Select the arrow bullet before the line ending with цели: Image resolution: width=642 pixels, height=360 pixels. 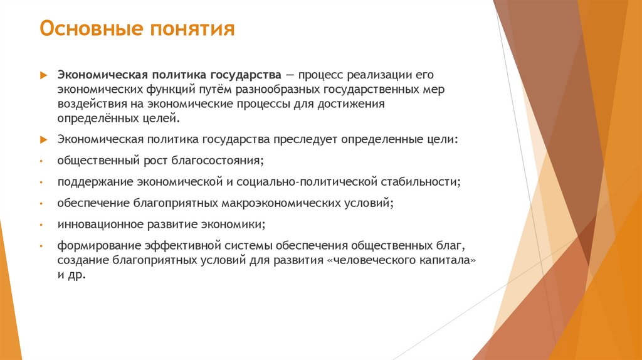tap(43, 139)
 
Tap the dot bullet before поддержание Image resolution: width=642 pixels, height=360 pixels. tap(40, 183)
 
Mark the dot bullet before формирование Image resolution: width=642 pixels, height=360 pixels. tap(40, 246)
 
